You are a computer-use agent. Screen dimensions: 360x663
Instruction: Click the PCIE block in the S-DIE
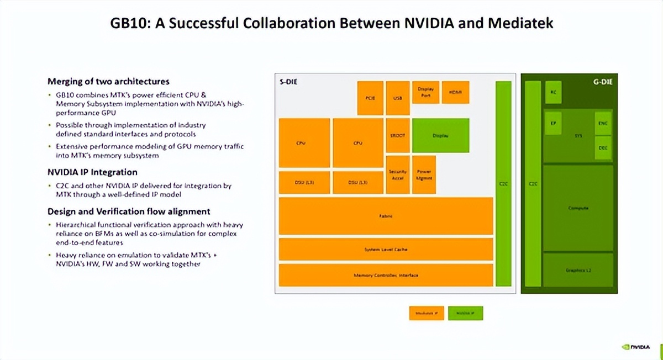tap(370, 98)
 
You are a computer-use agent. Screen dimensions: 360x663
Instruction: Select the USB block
tap(397, 98)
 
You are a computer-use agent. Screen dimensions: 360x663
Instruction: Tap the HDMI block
tap(455, 92)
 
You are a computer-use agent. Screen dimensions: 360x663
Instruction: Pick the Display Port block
tap(425, 92)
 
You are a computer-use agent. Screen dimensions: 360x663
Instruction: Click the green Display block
tap(440, 135)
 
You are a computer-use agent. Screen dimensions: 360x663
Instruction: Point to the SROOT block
tap(397, 135)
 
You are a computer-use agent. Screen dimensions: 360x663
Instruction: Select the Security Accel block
tap(397, 174)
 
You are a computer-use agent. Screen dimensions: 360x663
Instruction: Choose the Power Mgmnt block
tap(424, 174)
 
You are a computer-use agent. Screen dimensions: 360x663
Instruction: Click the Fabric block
tap(386, 216)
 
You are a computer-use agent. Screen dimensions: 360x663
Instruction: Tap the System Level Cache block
tap(386, 250)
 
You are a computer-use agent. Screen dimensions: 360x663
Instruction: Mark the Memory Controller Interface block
tap(386, 275)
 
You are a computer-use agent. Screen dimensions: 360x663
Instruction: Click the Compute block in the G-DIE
tap(578, 208)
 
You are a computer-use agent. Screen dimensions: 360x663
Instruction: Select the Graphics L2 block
tap(578, 270)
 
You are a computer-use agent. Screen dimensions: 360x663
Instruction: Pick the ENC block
tap(603, 124)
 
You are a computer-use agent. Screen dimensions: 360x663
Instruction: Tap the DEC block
tap(603, 148)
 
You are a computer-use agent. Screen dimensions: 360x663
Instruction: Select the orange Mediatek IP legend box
tap(426, 313)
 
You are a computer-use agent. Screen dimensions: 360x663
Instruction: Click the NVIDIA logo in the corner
tap(640, 348)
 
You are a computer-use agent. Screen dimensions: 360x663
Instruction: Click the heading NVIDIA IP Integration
tap(92, 172)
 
